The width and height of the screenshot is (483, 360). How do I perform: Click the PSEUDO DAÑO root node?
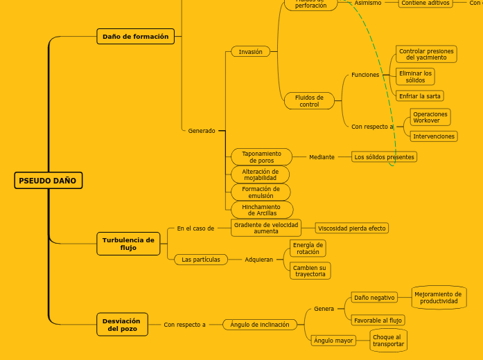pos(48,181)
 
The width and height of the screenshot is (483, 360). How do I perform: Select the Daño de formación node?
pos(135,37)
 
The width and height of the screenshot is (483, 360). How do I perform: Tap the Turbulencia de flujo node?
pos(128,244)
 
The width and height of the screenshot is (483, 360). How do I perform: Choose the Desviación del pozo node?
pos(121,324)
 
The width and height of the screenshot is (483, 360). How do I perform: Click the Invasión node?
pos(250,52)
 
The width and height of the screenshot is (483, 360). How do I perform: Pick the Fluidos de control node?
pos(309,101)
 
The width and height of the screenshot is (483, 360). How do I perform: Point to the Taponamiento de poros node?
pos(261,157)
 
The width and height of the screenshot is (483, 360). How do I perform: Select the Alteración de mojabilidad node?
pos(261,174)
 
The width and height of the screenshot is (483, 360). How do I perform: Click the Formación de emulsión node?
pos(261,192)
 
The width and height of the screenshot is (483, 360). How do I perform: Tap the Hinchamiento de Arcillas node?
pos(261,210)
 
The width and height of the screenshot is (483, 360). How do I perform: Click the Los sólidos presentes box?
pos(384,157)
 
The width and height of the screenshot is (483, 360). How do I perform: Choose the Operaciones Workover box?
pos(430,117)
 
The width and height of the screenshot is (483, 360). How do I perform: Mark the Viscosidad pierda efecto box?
pos(351,228)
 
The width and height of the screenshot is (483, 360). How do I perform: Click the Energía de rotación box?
pos(308,248)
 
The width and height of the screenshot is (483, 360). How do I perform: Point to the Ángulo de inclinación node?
pos(260,325)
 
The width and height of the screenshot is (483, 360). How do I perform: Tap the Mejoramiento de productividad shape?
pos(439,298)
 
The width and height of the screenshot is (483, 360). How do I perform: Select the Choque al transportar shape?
pos(387,341)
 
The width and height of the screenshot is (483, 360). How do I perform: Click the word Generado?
pos(202,131)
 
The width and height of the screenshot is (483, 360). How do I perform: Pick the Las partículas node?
pos(201,260)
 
